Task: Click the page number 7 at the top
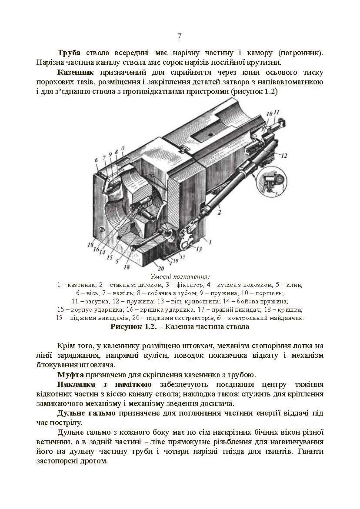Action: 180,36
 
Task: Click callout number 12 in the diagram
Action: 283,155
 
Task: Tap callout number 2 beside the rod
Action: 220,213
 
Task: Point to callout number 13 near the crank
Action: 199,249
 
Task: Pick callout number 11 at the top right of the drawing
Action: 277,113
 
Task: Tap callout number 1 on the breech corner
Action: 210,242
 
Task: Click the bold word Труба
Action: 69,53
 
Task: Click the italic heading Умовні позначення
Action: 180,276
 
